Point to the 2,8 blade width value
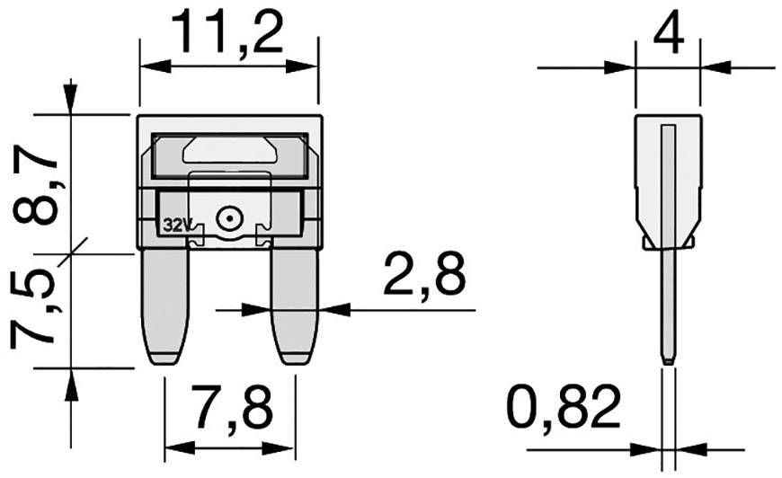(x=425, y=275)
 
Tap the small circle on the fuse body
(x=228, y=217)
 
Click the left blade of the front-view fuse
(x=166, y=305)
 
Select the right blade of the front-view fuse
(x=295, y=305)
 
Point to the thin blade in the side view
(x=667, y=305)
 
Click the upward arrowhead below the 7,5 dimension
(x=70, y=385)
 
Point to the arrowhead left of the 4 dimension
(x=620, y=66)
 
